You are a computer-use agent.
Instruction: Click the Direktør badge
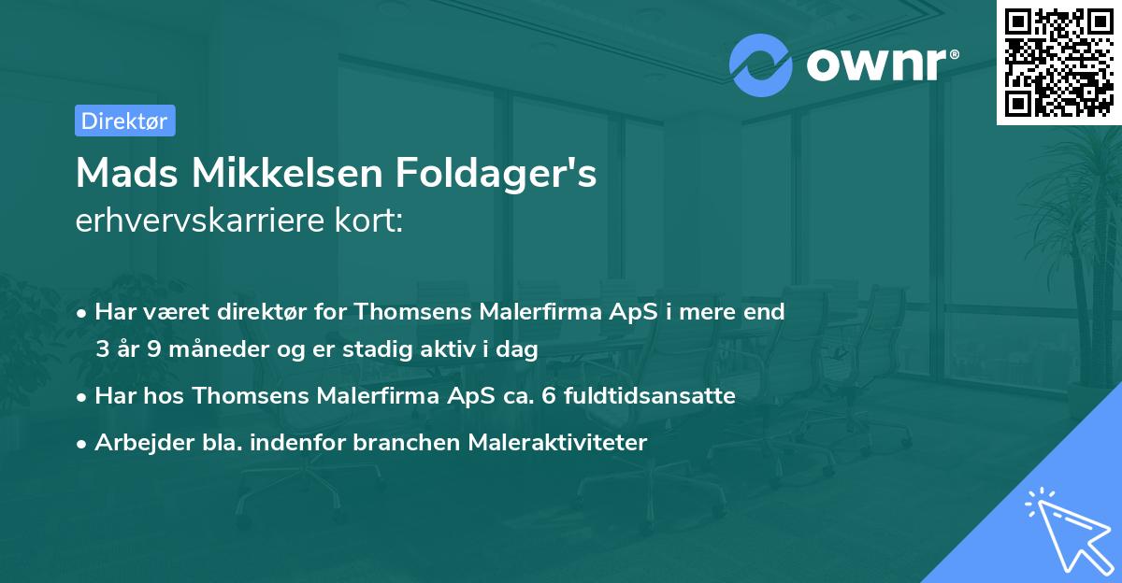point(124,121)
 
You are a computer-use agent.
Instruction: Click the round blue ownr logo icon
point(760,65)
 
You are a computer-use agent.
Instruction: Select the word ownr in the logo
point(880,64)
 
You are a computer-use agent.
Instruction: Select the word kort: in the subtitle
point(374,221)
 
